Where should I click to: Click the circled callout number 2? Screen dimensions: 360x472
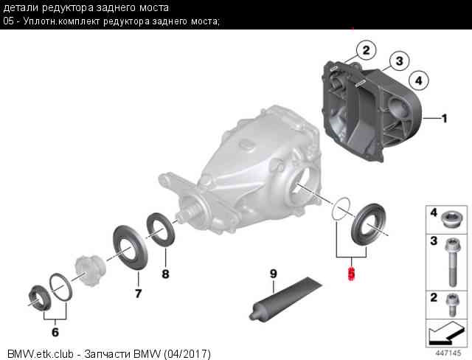[x=364, y=50]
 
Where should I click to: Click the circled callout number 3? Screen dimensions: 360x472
[x=398, y=60]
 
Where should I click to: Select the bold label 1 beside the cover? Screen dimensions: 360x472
[x=444, y=117]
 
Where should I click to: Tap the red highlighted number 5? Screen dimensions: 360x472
[x=352, y=274]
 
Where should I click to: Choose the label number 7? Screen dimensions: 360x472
[x=138, y=293]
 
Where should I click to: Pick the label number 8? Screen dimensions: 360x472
[x=165, y=274]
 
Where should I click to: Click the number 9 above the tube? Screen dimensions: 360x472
[x=273, y=274]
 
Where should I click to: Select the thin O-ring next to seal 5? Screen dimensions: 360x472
[x=340, y=208]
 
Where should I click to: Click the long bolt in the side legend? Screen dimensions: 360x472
[x=450, y=260]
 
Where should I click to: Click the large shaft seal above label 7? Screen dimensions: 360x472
[x=128, y=246]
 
